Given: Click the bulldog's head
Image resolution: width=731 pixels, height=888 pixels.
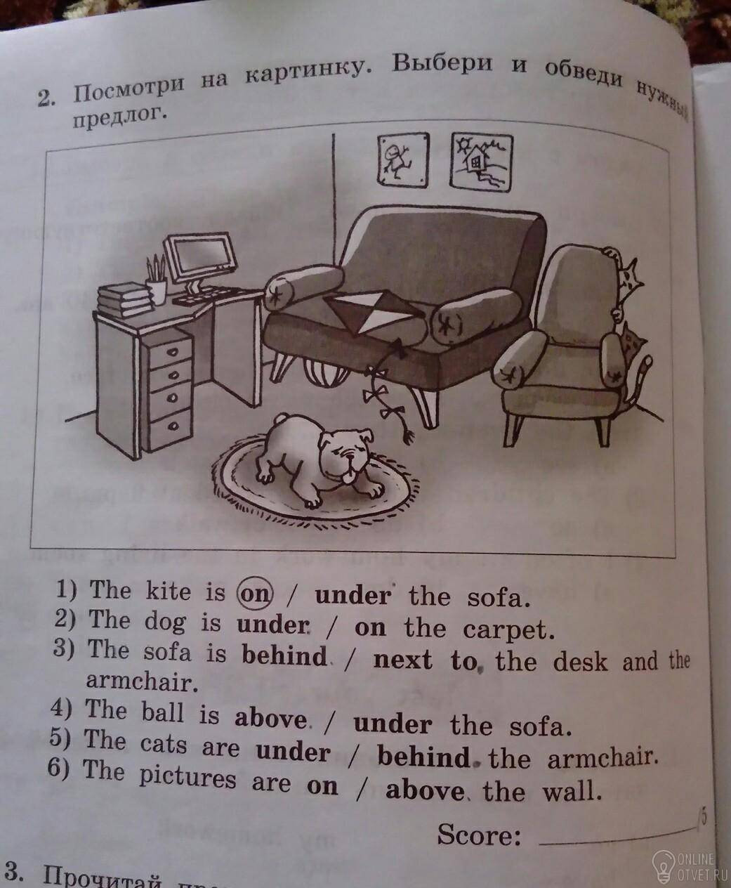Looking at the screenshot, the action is click(348, 455).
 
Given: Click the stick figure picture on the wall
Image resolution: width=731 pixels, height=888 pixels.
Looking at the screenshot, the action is click(402, 160).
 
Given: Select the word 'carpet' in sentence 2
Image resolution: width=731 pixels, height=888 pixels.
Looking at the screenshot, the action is click(508, 630).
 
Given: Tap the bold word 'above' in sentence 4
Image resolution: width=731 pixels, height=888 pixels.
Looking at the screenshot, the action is click(270, 718).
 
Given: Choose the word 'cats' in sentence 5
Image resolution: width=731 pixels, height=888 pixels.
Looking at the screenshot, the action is click(163, 745).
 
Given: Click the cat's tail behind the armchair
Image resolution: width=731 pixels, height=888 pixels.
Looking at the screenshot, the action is click(640, 379).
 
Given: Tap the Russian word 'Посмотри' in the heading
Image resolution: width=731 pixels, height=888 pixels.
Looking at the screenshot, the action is click(129, 89).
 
